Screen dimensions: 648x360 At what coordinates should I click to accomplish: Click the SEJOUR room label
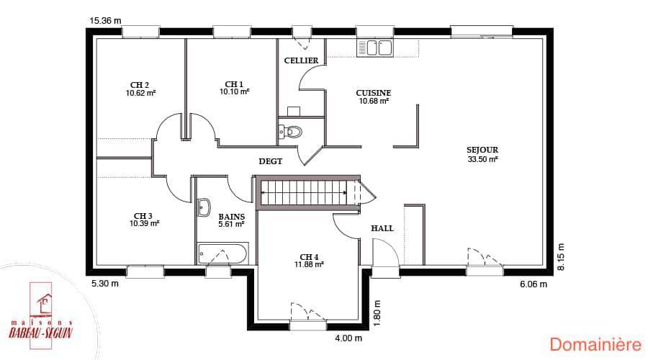tap(482, 150)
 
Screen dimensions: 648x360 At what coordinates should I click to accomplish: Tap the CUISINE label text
tap(374, 93)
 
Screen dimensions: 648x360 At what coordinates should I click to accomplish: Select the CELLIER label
tap(301, 60)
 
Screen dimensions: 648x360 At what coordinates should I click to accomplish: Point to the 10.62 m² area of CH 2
tap(141, 94)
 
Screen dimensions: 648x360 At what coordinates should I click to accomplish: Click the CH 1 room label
tap(234, 84)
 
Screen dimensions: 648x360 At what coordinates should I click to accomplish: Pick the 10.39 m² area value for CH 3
tap(144, 224)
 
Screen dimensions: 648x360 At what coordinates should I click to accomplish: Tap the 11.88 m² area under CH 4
tap(309, 264)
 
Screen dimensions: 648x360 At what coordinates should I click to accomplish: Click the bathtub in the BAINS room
tap(222, 253)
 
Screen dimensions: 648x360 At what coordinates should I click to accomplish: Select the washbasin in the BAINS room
tap(204, 208)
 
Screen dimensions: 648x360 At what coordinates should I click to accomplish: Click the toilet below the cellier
tap(291, 132)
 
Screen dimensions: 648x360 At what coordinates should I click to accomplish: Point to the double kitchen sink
tap(374, 48)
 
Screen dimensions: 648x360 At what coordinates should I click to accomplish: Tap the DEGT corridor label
tap(271, 161)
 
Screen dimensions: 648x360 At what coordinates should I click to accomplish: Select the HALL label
tap(382, 228)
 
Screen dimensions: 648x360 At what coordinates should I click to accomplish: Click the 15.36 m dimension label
tap(105, 21)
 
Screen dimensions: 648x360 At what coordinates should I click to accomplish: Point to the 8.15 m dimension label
tap(560, 256)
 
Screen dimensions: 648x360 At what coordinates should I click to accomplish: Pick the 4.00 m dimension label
tap(348, 338)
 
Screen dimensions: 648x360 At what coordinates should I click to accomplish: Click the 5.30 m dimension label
tap(105, 284)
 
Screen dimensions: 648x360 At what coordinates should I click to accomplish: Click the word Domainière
tap(595, 344)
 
